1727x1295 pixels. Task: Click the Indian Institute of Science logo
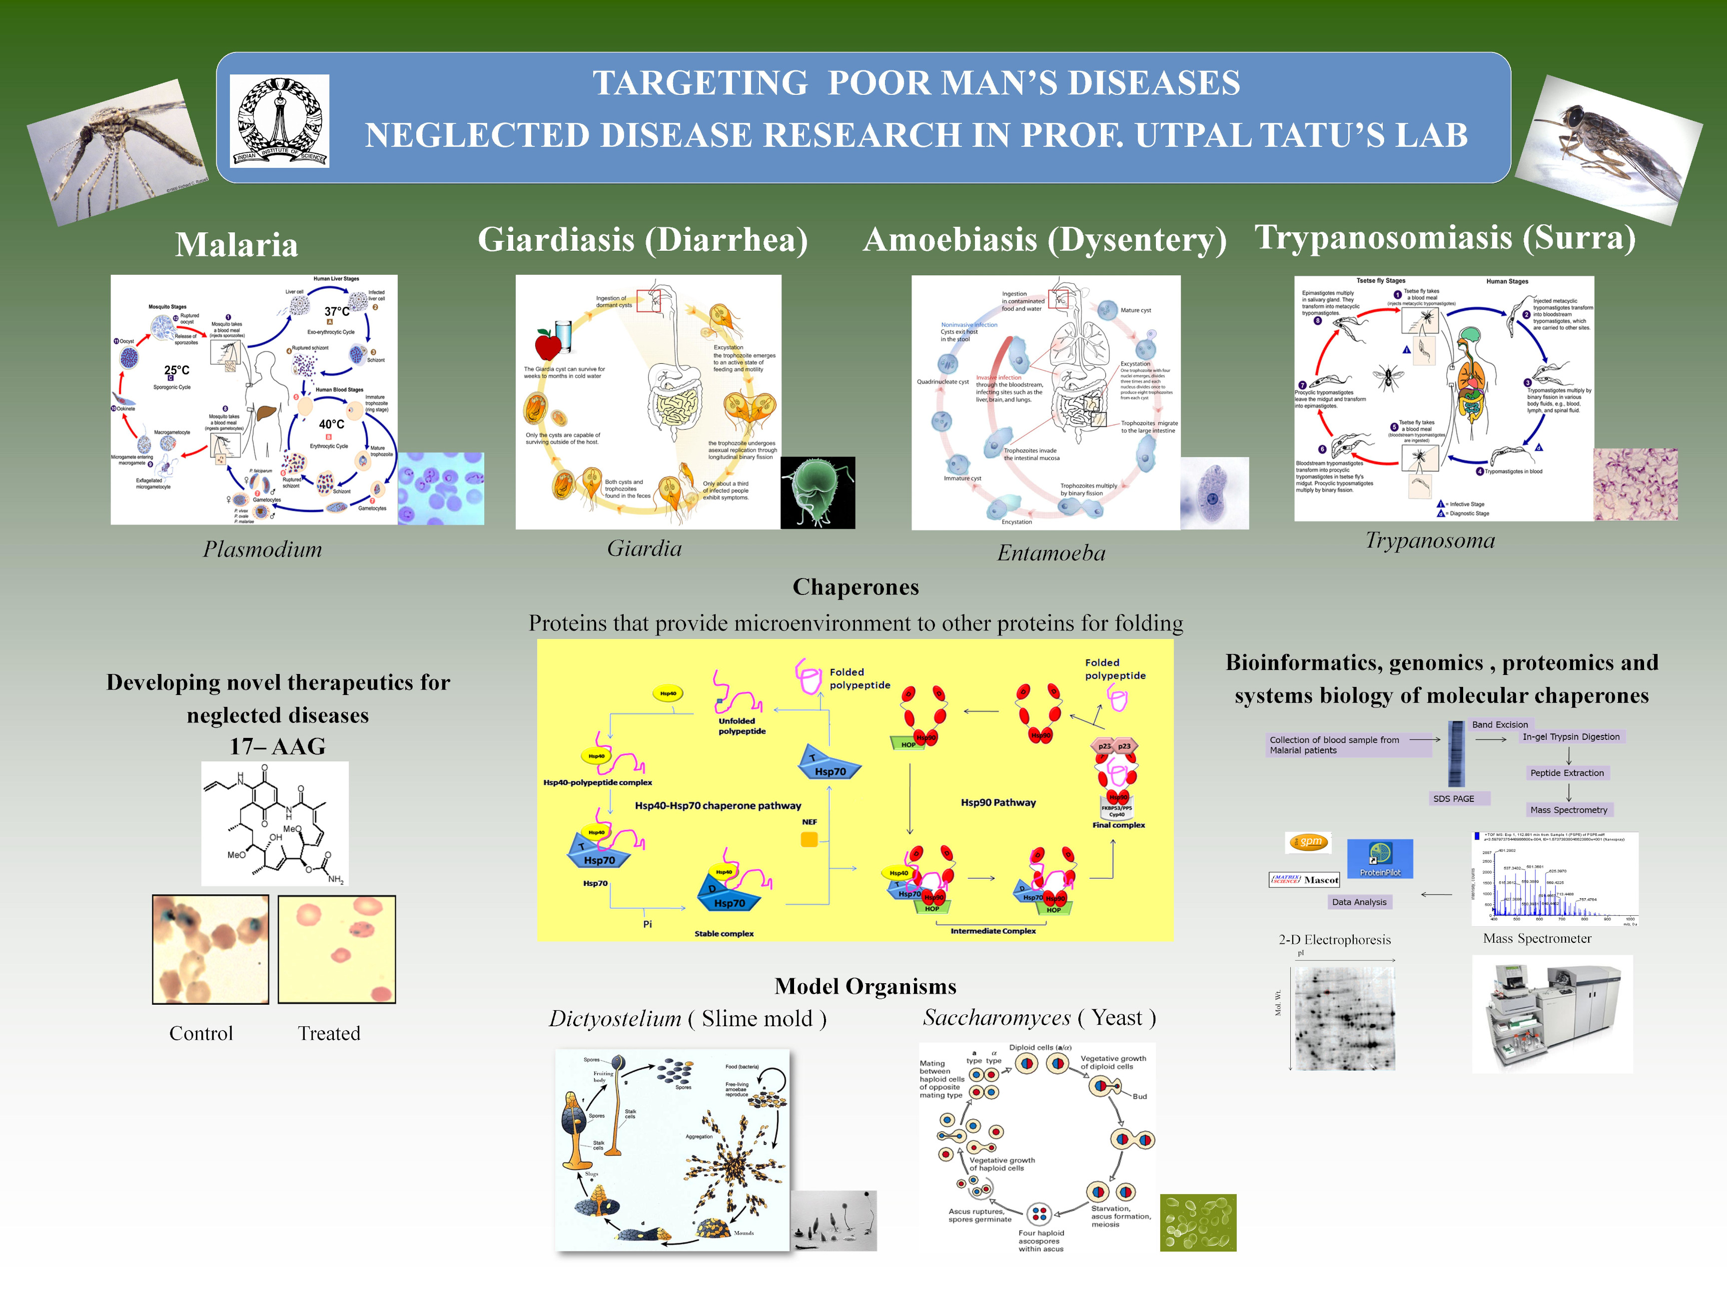(279, 121)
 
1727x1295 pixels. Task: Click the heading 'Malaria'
(236, 244)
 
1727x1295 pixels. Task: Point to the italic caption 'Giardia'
(644, 549)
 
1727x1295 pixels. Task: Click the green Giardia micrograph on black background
(818, 493)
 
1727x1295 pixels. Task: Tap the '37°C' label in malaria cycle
(336, 311)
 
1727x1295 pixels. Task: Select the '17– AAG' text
(277, 746)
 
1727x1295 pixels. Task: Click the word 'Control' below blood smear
(201, 1034)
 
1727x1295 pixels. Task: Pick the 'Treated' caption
(329, 1034)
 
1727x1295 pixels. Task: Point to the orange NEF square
(809, 839)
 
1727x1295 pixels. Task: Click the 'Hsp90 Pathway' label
(998, 802)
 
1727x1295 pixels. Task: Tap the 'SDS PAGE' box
(1453, 798)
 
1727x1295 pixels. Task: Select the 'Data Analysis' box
(1359, 902)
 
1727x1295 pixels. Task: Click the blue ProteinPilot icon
(1380, 858)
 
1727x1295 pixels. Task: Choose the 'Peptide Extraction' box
(1566, 773)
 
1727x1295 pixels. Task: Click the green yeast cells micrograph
(1198, 1223)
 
